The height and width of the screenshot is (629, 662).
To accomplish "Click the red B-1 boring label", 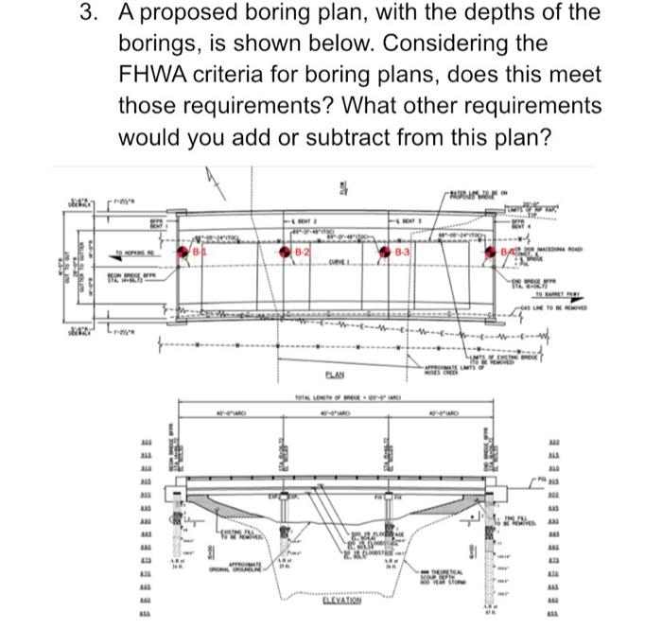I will [x=199, y=253].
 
